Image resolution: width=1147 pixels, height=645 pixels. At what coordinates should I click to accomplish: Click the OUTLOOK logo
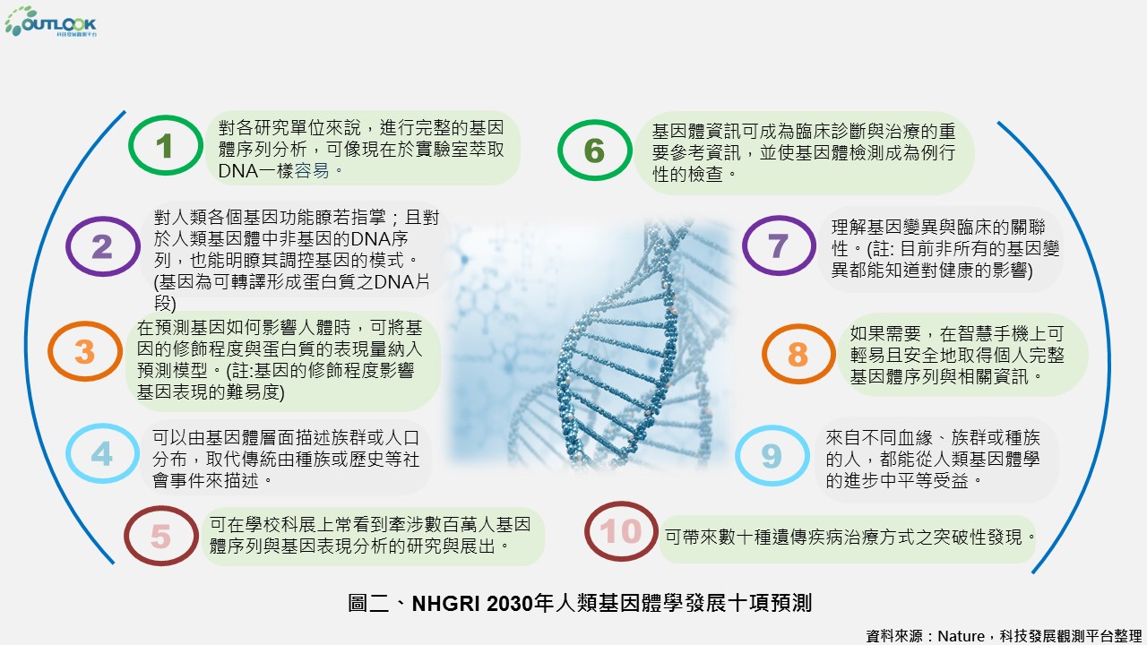(50, 21)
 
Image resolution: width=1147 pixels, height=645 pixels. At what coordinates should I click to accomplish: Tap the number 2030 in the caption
(510, 604)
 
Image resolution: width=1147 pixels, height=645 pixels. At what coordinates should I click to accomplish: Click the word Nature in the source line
(961, 636)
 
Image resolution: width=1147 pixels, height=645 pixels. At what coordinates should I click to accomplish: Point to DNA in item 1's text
(238, 171)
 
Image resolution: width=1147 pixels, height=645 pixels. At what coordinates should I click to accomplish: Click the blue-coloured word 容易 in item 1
(311, 171)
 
